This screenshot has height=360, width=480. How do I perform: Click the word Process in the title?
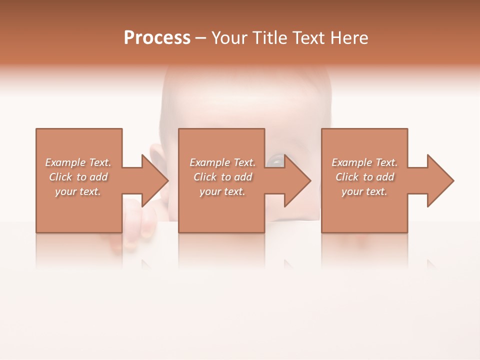pos(157,38)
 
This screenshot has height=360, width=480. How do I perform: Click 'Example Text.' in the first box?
pos(78,162)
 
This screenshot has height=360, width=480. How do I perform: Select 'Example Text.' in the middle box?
pos(222,162)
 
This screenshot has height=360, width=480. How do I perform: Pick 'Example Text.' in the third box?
pos(364,162)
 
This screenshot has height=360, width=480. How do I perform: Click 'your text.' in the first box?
pos(78,191)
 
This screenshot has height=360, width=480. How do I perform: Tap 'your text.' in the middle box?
pos(222,191)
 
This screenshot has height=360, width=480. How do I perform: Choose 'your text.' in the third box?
pos(364,191)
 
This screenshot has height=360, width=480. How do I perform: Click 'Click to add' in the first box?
pos(78,177)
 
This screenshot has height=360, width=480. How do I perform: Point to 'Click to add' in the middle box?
pos(222,177)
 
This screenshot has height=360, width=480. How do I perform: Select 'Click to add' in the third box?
pos(364,177)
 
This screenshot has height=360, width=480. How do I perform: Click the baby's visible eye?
pos(274,160)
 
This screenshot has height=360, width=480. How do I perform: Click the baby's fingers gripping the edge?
pos(142,220)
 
